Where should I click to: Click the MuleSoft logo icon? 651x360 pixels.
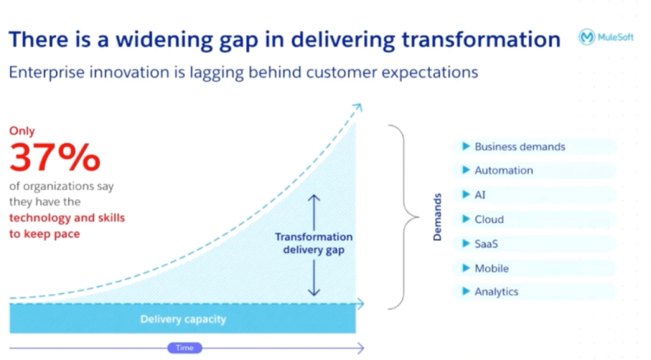click(587, 37)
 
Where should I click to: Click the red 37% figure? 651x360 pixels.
click(55, 157)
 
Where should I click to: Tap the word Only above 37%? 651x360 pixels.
click(22, 131)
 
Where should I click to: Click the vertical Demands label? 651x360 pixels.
click(437, 217)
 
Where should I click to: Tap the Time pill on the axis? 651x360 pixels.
click(185, 348)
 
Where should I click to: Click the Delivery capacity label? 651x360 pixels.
click(183, 319)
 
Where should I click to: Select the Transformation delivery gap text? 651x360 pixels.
click(314, 244)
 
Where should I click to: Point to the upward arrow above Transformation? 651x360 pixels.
click(314, 212)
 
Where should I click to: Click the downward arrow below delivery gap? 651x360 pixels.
click(314, 277)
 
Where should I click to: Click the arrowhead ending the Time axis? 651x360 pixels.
click(361, 348)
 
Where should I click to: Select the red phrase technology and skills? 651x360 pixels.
click(67, 218)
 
